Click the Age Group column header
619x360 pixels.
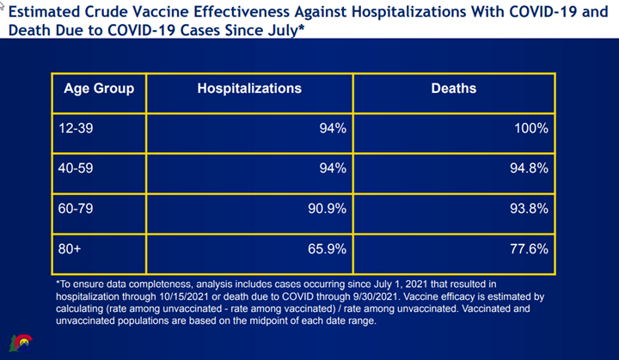99,88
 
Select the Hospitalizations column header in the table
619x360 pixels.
249,88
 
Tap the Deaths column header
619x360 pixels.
453,88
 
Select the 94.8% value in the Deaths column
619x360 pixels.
525,168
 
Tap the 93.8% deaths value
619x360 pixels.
525,209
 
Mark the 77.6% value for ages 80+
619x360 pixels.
525,249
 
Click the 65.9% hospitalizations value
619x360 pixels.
323,249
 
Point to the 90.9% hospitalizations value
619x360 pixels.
323,209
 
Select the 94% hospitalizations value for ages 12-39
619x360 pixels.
330,129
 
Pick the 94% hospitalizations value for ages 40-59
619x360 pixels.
330,168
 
